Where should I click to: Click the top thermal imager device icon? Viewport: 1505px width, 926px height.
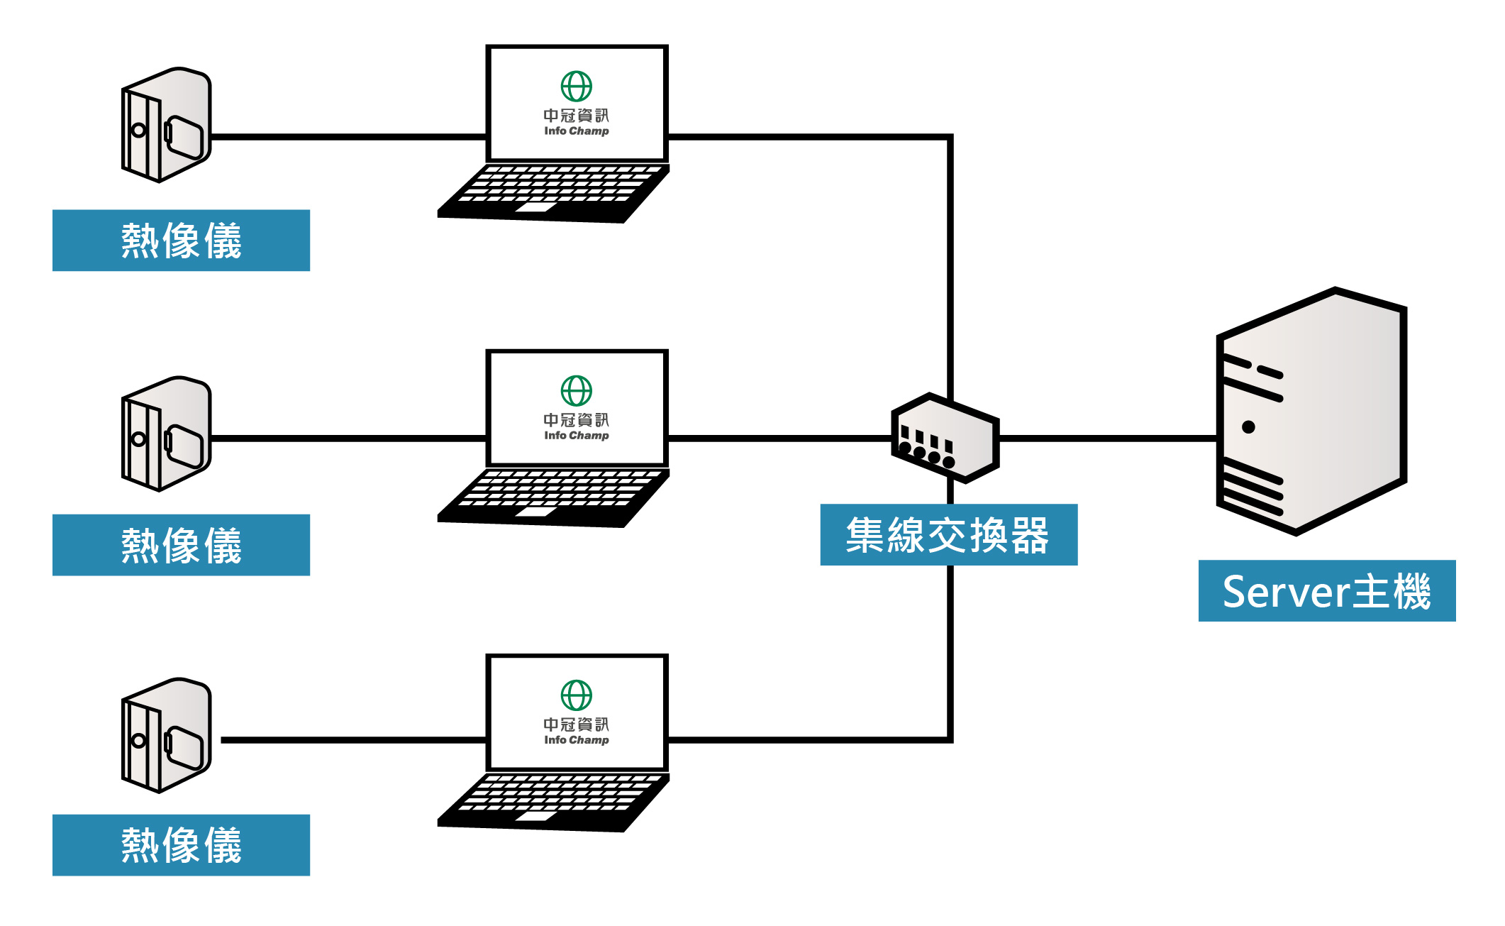[x=167, y=125]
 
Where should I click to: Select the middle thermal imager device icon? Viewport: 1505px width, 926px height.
[x=167, y=434]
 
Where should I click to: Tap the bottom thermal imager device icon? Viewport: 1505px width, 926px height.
[x=167, y=735]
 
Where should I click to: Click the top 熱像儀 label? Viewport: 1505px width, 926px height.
[x=181, y=241]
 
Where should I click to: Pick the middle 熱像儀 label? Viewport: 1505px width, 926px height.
[x=181, y=545]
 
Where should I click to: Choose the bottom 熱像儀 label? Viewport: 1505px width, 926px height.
[x=181, y=845]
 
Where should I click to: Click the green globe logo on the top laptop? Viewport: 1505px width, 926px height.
[x=577, y=87]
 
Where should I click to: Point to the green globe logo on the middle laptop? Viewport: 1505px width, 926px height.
[x=577, y=391]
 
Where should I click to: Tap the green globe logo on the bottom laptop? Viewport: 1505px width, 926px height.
[x=577, y=695]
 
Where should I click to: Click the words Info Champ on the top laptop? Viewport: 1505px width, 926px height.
[x=577, y=131]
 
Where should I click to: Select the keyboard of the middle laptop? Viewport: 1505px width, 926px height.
[x=553, y=497]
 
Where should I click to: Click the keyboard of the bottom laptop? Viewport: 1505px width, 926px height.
[x=553, y=802]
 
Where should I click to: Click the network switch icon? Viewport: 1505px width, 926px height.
[x=945, y=438]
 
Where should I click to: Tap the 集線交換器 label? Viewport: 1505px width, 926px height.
[x=949, y=535]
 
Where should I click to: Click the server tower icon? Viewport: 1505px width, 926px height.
[x=1311, y=411]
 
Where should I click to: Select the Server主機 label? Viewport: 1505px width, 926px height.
[x=1327, y=591]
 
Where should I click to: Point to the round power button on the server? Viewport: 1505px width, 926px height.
[x=1249, y=427]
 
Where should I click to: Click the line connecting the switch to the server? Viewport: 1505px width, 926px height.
[x=1109, y=439]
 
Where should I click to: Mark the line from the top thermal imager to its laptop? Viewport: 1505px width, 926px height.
[x=349, y=137]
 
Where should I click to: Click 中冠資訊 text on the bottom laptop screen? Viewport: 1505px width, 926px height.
[x=577, y=724]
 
